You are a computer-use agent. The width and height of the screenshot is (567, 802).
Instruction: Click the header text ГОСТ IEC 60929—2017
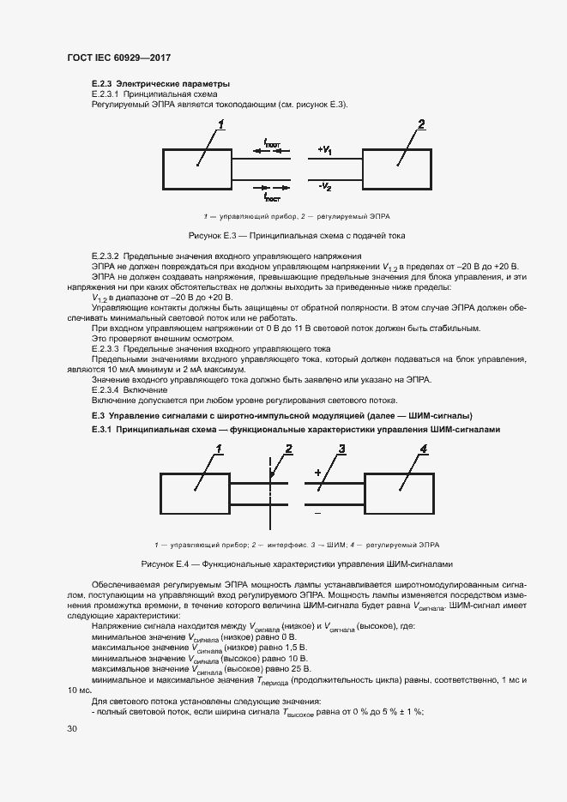pyautogui.click(x=118, y=57)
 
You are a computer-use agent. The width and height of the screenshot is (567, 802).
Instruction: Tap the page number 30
pyautogui.click(x=72, y=728)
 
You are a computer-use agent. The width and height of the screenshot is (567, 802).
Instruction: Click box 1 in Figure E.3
pyautogui.click(x=196, y=168)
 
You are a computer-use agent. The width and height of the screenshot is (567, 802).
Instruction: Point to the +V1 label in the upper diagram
pyautogui.click(x=324, y=150)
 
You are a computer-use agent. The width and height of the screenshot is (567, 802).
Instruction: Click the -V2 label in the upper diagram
pyautogui.click(x=324, y=185)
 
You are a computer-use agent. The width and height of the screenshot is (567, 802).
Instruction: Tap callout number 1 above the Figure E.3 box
pyautogui.click(x=220, y=125)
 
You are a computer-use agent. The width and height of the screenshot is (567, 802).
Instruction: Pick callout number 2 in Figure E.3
pyautogui.click(x=421, y=125)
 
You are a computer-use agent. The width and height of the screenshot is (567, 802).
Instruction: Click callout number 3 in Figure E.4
pyautogui.click(x=341, y=449)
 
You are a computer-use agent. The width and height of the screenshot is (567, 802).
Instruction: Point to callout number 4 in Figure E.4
pyautogui.click(x=424, y=449)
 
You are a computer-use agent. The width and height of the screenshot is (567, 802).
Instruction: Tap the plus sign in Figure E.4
pyautogui.click(x=317, y=473)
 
